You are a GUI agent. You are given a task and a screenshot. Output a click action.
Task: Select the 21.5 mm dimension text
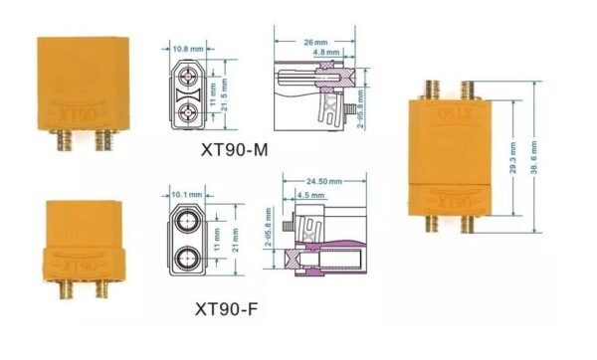point(226,90)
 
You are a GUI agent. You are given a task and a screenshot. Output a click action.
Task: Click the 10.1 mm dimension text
point(186,194)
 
